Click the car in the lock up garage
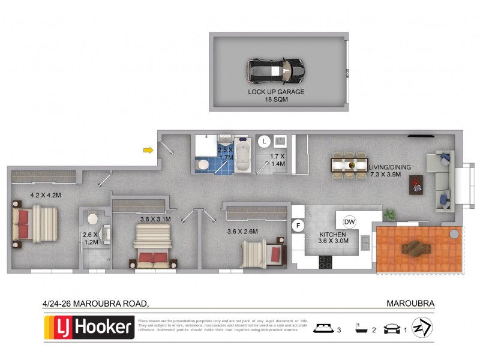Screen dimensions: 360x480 277,71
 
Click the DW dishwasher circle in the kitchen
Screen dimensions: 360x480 350,222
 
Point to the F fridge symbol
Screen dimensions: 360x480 297,226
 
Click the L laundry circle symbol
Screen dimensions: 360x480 264,142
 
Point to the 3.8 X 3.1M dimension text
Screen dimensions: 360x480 155,219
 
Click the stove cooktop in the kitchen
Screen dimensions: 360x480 326,262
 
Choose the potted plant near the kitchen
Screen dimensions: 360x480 389,213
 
